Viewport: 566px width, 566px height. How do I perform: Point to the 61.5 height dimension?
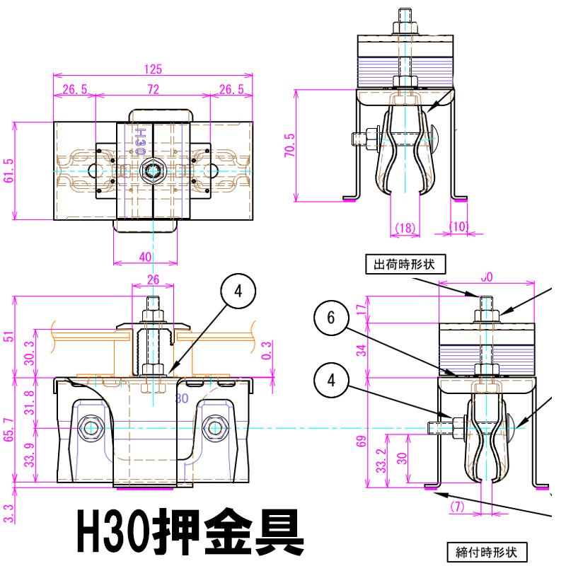pos(7,170)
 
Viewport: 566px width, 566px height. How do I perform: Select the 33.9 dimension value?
pos(28,464)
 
